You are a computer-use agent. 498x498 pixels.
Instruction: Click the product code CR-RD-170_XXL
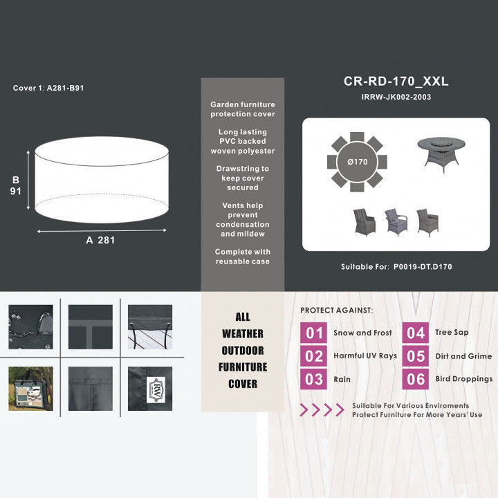point(396,82)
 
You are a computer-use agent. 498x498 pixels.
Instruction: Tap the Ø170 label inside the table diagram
point(358,162)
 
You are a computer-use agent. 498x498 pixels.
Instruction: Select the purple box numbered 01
point(313,333)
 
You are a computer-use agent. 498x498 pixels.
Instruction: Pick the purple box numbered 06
point(416,379)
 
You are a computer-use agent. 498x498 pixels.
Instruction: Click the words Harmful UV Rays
point(365,356)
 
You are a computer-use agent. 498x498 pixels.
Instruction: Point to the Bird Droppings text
point(464,379)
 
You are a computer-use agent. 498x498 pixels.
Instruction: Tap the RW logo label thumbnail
point(150,389)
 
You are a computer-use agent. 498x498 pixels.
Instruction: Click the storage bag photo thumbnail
point(31,389)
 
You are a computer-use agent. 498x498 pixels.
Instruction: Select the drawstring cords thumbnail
point(150,326)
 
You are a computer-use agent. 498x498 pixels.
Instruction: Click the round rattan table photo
point(441,155)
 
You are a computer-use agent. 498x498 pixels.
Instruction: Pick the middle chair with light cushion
point(396,222)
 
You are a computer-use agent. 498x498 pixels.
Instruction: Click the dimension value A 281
point(100,240)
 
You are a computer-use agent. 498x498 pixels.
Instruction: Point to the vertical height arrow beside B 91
point(28,180)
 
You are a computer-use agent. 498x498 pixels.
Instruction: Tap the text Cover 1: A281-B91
point(48,88)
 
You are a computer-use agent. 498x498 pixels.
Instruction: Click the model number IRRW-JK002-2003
point(396,97)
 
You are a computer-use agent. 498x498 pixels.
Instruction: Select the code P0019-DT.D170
point(423,267)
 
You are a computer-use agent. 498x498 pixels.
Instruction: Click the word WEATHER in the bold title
point(243,333)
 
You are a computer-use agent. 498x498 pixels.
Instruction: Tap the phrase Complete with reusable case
point(243,257)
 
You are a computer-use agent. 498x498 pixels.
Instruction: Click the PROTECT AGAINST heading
point(337,311)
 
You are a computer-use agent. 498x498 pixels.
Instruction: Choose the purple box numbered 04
point(416,333)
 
